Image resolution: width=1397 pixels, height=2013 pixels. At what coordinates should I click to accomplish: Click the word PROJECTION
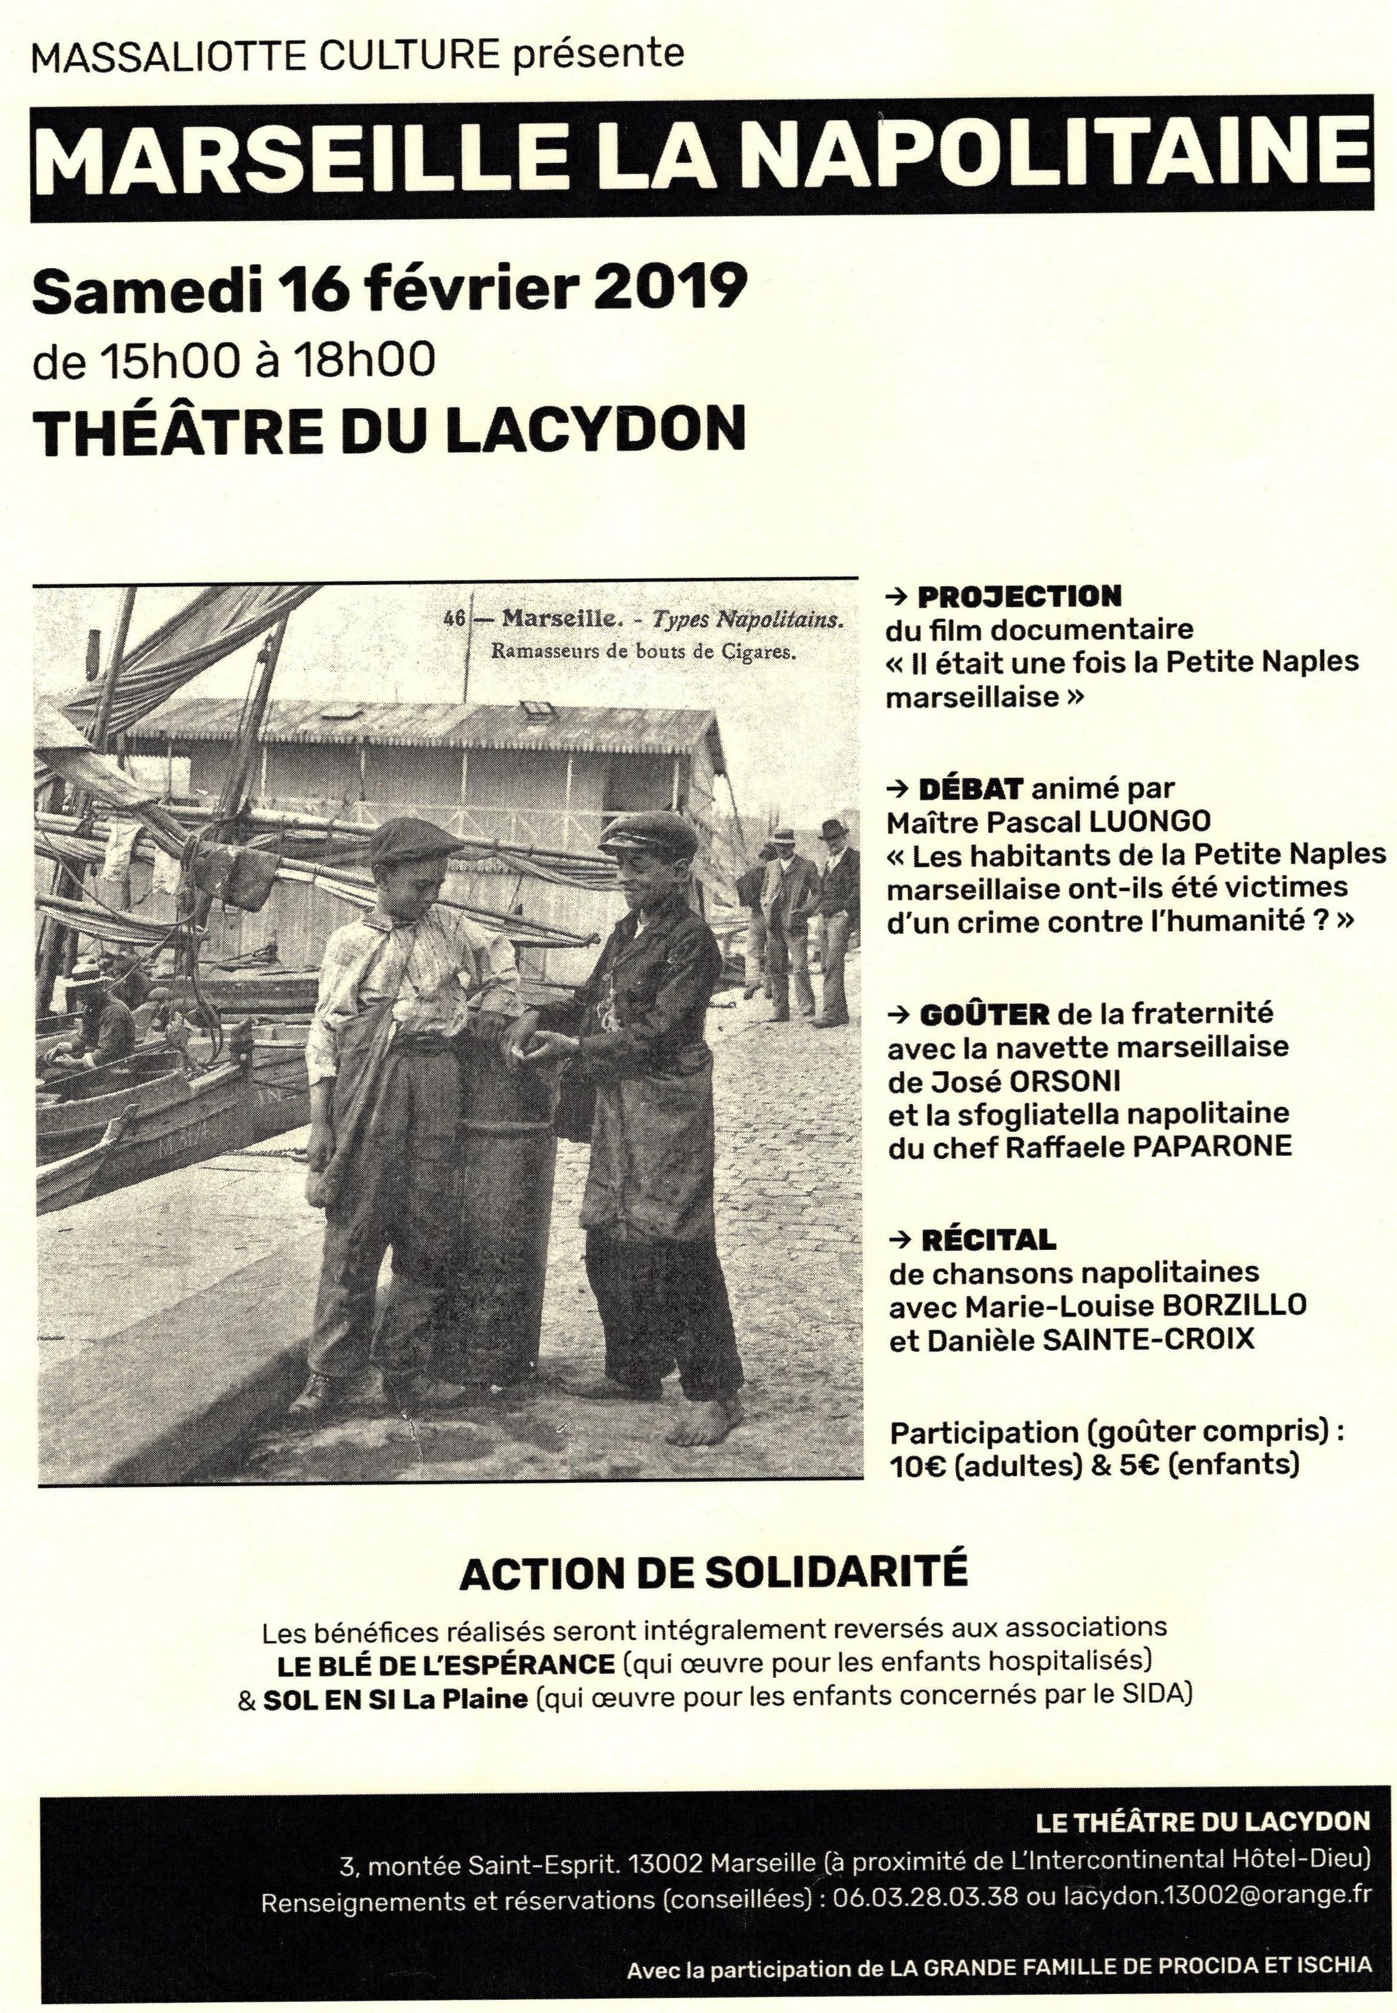click(1019, 597)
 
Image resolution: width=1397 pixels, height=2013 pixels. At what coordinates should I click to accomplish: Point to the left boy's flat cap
click(416, 844)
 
